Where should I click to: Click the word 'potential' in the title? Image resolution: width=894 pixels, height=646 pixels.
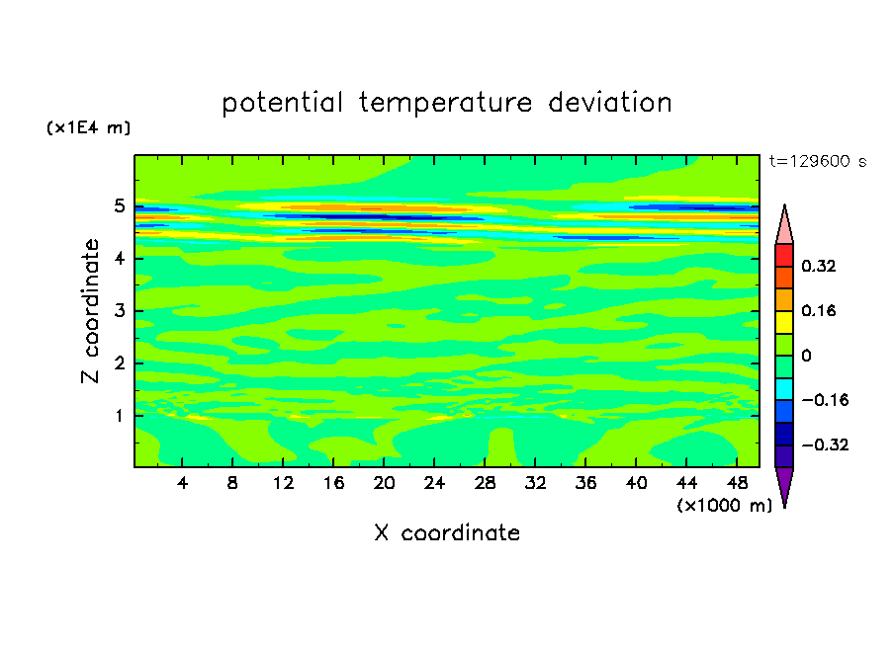pyautogui.click(x=282, y=104)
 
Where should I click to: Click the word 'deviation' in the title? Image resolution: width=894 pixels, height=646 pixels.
pyautogui.click(x=610, y=103)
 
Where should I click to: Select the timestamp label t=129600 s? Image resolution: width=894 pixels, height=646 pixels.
pyautogui.click(x=818, y=161)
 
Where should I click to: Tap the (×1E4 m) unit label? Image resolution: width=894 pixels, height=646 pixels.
pyautogui.click(x=88, y=127)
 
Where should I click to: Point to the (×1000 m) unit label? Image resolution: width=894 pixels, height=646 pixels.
pyautogui.click(x=724, y=506)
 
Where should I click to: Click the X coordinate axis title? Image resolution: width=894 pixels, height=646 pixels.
pyautogui.click(x=447, y=532)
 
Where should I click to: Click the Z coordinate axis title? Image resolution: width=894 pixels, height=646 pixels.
pyautogui.click(x=90, y=310)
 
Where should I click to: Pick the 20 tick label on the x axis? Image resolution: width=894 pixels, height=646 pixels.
pyautogui.click(x=384, y=483)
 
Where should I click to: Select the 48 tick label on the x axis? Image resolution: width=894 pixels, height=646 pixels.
pyautogui.click(x=737, y=483)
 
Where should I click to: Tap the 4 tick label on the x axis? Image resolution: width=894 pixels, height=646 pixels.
pyautogui.click(x=182, y=483)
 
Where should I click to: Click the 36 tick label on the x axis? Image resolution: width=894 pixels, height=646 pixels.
pyautogui.click(x=585, y=483)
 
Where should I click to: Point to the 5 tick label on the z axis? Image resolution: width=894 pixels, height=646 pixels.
pyautogui.click(x=119, y=205)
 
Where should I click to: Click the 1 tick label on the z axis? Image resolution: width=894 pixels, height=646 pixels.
pyautogui.click(x=119, y=416)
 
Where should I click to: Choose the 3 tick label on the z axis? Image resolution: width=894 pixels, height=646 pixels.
pyautogui.click(x=119, y=311)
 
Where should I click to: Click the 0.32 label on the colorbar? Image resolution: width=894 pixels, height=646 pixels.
pyautogui.click(x=818, y=266)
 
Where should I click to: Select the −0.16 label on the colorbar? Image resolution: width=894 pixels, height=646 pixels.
pyautogui.click(x=825, y=400)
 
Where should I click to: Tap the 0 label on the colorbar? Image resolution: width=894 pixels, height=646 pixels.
pyautogui.click(x=806, y=356)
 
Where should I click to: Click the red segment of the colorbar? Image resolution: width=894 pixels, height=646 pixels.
pyautogui.click(x=784, y=255)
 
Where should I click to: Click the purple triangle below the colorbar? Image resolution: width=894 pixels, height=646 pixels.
pyautogui.click(x=784, y=485)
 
